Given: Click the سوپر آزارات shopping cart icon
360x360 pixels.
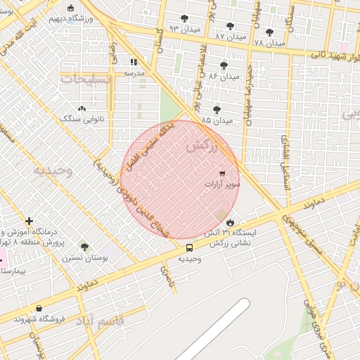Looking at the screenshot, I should click(x=222, y=172).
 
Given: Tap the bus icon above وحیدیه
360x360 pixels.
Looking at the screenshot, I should click(x=188, y=247).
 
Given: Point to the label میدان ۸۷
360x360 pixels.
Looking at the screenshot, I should click(x=231, y=35).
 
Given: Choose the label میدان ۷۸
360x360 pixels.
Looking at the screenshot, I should click(x=269, y=43).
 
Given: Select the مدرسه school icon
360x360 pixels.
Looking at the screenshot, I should click(x=134, y=62).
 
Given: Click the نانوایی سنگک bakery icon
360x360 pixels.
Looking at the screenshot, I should click(x=82, y=108).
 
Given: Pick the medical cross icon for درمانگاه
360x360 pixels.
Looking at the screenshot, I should click(x=29, y=221).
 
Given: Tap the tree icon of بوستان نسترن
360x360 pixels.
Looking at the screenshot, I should click(x=84, y=247).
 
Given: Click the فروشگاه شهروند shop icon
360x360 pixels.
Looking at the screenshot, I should click(x=39, y=308).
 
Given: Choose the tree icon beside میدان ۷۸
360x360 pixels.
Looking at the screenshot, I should click(x=269, y=32).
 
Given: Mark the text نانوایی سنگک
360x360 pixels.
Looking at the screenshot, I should click(x=82, y=119).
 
